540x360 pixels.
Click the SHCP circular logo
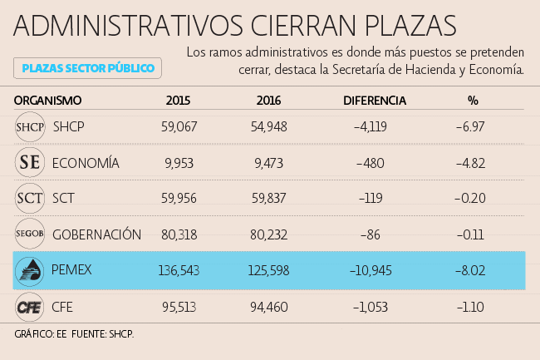point(30,127)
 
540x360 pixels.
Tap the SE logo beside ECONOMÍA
point(30,163)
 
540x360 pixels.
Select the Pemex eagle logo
point(30,270)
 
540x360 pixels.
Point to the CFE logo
point(30,307)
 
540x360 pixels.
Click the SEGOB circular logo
point(30,234)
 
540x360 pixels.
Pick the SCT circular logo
point(30,199)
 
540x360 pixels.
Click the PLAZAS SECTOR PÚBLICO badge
point(87,67)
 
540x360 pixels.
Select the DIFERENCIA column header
point(375,101)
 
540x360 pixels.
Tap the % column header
point(473,101)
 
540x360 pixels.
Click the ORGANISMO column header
point(48,101)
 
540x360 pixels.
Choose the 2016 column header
point(268,101)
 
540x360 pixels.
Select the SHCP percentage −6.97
point(470,127)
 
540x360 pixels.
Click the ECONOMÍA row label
point(86,163)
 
